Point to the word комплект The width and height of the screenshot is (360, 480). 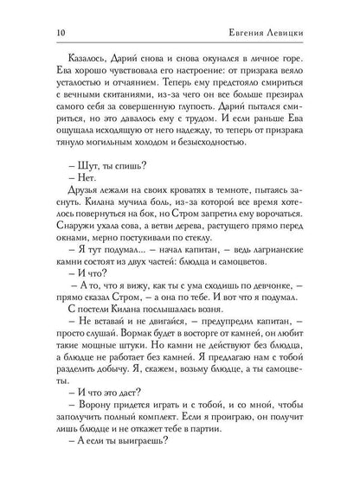[145, 468]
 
